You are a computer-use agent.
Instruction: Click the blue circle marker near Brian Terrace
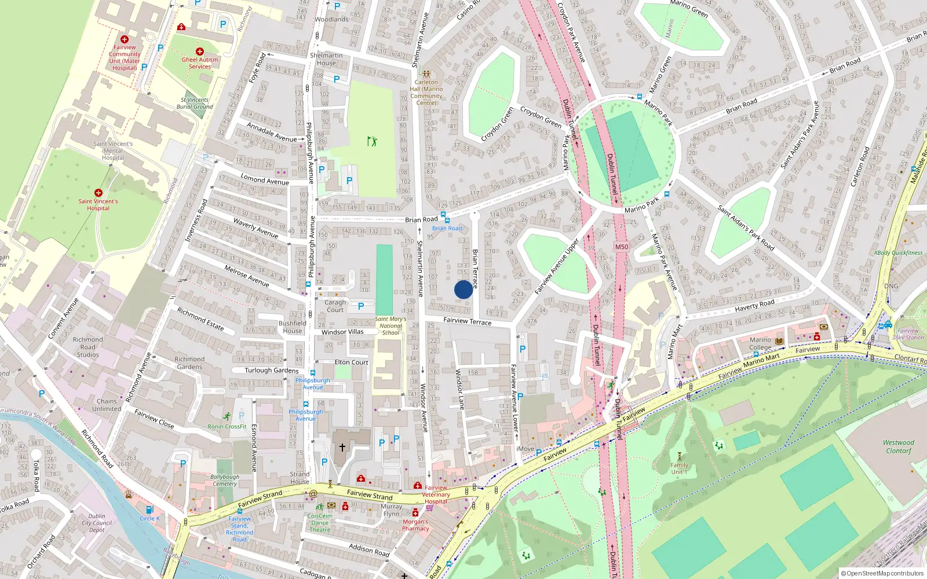463,289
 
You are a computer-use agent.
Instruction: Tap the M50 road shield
621,247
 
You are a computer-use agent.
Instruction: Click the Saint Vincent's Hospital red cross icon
98,193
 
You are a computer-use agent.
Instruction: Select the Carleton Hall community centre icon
426,74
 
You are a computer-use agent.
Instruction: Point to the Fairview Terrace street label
467,321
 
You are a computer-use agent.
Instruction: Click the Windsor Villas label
342,332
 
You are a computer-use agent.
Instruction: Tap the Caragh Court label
335,306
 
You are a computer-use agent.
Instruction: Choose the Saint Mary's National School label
390,325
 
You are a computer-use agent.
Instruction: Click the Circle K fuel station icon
149,510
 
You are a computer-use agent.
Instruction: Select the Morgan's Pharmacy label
415,525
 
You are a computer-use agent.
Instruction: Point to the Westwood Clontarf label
898,446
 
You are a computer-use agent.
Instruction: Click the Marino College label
760,343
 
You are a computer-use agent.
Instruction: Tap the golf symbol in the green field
372,141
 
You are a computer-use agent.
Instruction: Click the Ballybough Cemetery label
225,480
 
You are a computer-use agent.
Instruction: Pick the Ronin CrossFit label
227,426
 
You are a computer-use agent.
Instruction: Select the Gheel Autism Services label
200,63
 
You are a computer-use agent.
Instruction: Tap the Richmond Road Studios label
88,347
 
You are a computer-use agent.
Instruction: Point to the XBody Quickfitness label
898,252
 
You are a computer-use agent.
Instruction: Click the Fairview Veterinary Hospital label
436,494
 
